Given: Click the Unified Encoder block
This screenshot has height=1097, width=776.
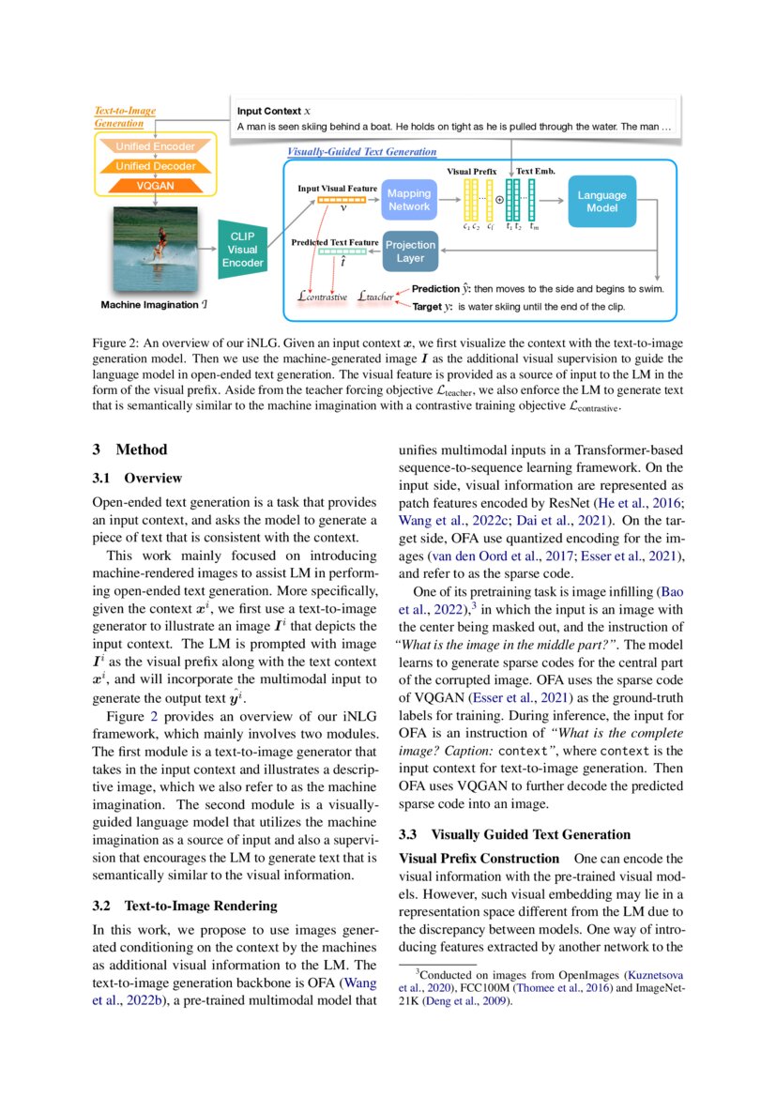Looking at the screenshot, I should point(156,146).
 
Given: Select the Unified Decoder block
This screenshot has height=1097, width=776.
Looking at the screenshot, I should point(156,166).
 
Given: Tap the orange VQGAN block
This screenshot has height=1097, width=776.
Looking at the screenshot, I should point(156,186).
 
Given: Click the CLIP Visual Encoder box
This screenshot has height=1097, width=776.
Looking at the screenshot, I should point(242,250).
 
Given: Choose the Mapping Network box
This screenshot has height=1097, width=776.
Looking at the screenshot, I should point(409,200).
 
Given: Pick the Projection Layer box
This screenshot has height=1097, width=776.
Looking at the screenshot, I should point(409,251).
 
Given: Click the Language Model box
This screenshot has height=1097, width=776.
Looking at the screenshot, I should point(601,201).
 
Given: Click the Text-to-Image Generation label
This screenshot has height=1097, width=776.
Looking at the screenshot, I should point(125,116).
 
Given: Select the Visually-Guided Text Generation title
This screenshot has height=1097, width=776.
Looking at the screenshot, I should point(361,151).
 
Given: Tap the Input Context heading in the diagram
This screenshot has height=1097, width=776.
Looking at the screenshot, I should point(268,111).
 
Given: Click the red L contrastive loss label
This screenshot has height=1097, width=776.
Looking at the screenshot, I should point(322,297).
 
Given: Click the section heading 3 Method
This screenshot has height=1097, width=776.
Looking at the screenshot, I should point(130,450).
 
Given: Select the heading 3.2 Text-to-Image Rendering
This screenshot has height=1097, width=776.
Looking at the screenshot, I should point(185,906).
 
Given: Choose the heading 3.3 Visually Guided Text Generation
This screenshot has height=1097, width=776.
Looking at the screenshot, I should point(514,833).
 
